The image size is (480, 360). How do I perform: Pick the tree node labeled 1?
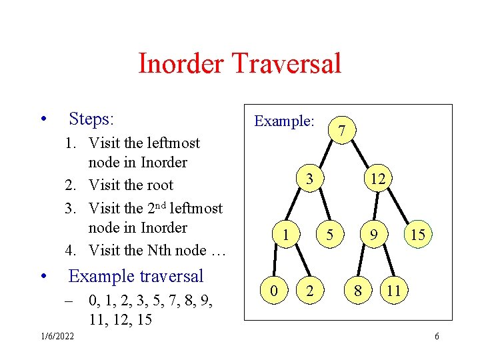point(285,235)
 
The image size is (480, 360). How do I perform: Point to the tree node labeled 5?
point(329,235)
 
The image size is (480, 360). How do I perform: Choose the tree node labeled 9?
point(376,235)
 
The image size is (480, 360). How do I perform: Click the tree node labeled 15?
point(419,235)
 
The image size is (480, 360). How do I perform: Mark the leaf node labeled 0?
point(273,291)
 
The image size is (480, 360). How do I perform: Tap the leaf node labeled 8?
point(359,291)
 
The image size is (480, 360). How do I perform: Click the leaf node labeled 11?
point(393,291)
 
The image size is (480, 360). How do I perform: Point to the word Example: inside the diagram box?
point(284,121)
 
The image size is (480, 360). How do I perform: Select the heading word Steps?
point(92,119)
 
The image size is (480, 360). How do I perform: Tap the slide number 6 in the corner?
point(437,336)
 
